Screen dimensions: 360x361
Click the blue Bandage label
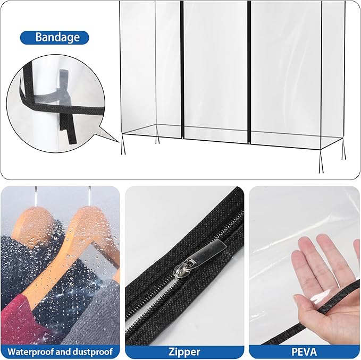[54, 38]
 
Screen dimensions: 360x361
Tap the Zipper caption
[184, 352]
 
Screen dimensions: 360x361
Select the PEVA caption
[304, 352]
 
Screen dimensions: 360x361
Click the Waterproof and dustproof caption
[60, 352]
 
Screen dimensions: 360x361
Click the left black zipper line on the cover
[182, 69]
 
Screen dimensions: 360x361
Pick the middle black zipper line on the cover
[248, 69]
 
